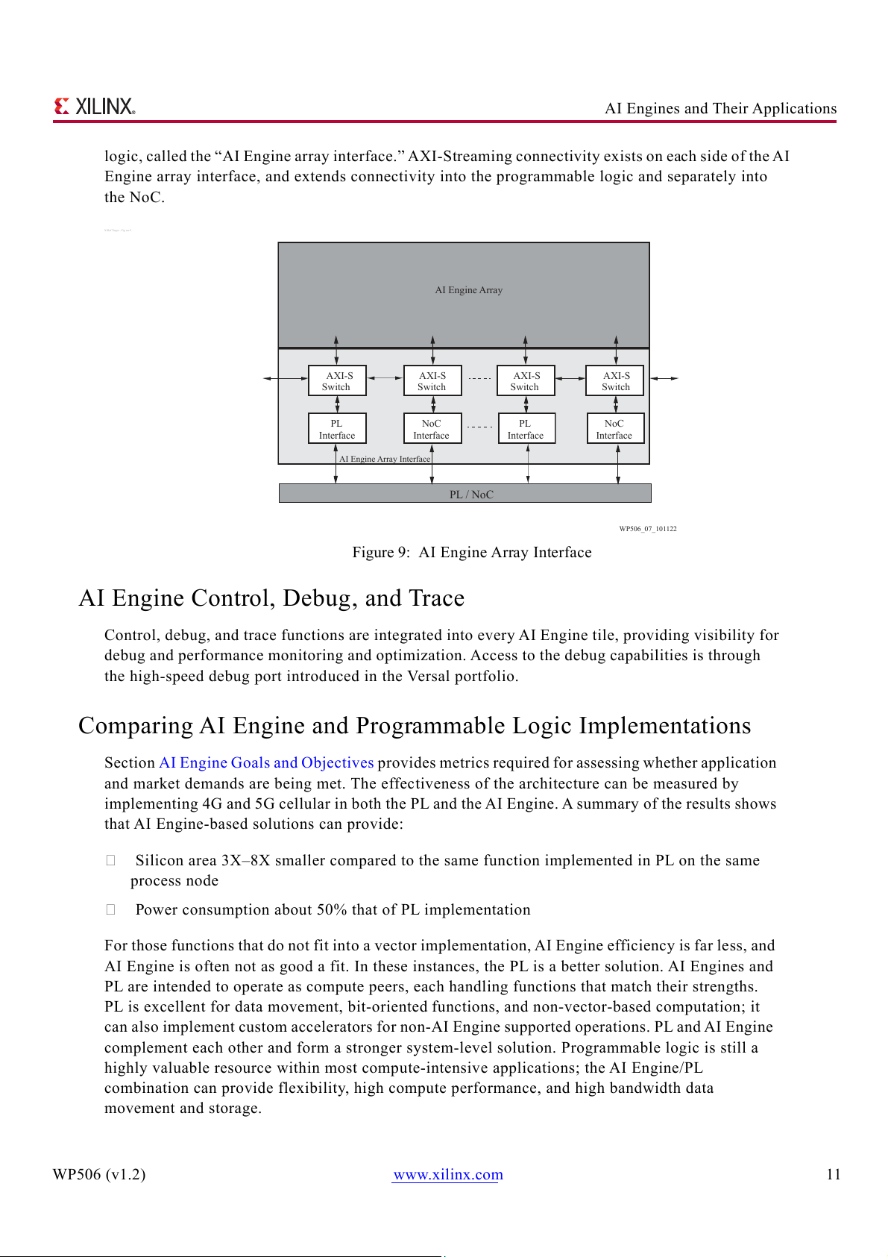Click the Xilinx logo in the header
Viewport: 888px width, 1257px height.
[95, 107]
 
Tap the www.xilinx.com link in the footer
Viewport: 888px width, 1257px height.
[448, 1174]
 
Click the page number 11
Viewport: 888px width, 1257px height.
[833, 1174]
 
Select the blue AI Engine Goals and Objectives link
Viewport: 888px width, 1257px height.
[266, 762]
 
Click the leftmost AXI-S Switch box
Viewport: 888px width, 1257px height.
[337, 380]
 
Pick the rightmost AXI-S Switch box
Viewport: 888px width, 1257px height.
[615, 380]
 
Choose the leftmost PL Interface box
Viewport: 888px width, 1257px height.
[337, 429]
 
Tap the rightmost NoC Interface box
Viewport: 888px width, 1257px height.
[614, 429]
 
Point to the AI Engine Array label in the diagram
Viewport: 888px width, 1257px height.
[469, 290]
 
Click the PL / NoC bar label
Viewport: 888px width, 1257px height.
[471, 495]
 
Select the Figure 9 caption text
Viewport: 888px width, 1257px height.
[472, 552]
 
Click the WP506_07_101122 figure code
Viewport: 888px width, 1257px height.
[647, 529]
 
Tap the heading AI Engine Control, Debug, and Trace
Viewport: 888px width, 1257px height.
[271, 598]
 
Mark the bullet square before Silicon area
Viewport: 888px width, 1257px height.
[110, 860]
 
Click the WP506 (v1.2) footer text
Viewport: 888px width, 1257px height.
[99, 1174]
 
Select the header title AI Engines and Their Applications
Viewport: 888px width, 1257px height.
[720, 108]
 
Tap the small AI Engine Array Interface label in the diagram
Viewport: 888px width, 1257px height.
[385, 459]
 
